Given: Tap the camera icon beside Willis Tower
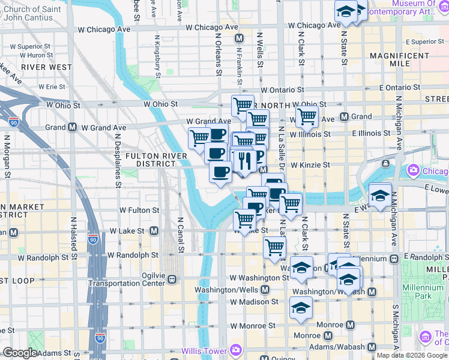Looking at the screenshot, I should click(236, 349).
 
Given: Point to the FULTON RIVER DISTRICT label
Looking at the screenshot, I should click(151, 160).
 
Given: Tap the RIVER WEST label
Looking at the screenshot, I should click(46, 67).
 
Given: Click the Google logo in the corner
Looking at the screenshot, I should click(20, 353).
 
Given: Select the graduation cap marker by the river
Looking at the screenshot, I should click(380, 195).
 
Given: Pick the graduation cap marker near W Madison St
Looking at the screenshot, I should click(301, 308).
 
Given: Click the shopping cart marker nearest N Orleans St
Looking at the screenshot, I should click(199, 138).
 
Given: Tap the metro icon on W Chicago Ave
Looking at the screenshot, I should click(239, 38).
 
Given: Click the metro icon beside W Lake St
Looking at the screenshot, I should click(154, 230).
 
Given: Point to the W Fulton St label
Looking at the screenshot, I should click(139, 211).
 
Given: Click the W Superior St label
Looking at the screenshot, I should click(34, 46).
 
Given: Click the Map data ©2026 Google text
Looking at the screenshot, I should click(411, 355).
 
